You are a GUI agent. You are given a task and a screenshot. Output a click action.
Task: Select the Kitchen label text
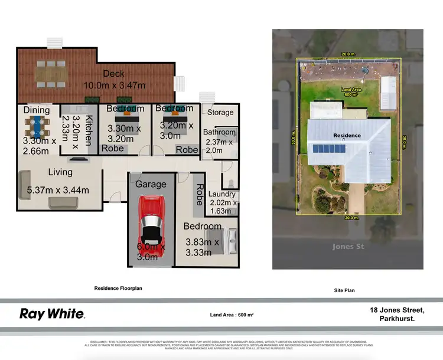(x=89, y=130)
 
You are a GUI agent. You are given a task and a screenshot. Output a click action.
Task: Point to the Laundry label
(x=223, y=194)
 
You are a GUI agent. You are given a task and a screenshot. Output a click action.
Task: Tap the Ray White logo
(x=52, y=314)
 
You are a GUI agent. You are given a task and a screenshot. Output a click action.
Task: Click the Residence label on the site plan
(x=347, y=135)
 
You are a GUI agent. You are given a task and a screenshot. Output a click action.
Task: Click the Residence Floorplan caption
(x=119, y=289)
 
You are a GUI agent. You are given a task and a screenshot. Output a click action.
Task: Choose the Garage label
(x=151, y=184)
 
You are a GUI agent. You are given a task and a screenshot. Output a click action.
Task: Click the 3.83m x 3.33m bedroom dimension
(x=203, y=247)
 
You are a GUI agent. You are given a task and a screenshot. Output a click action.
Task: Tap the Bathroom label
(x=219, y=132)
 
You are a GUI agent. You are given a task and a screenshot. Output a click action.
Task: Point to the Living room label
(x=60, y=172)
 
